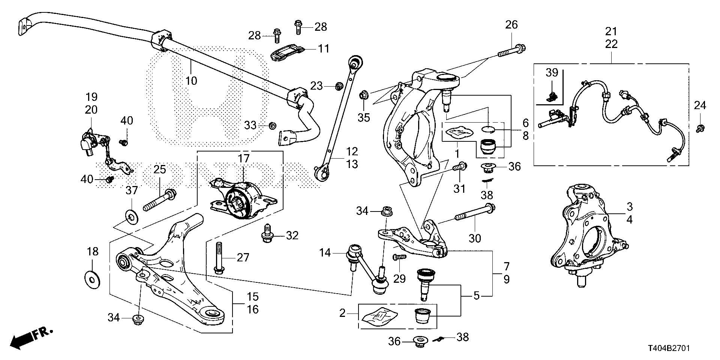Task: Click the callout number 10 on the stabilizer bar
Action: [x=191, y=81]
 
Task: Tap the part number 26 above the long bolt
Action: [x=511, y=25]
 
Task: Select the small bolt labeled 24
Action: [x=699, y=129]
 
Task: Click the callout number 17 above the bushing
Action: [x=243, y=158]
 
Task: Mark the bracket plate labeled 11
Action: [x=288, y=54]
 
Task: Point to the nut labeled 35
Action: [x=363, y=94]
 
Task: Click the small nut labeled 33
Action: [x=273, y=125]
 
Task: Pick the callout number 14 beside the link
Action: [x=325, y=253]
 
